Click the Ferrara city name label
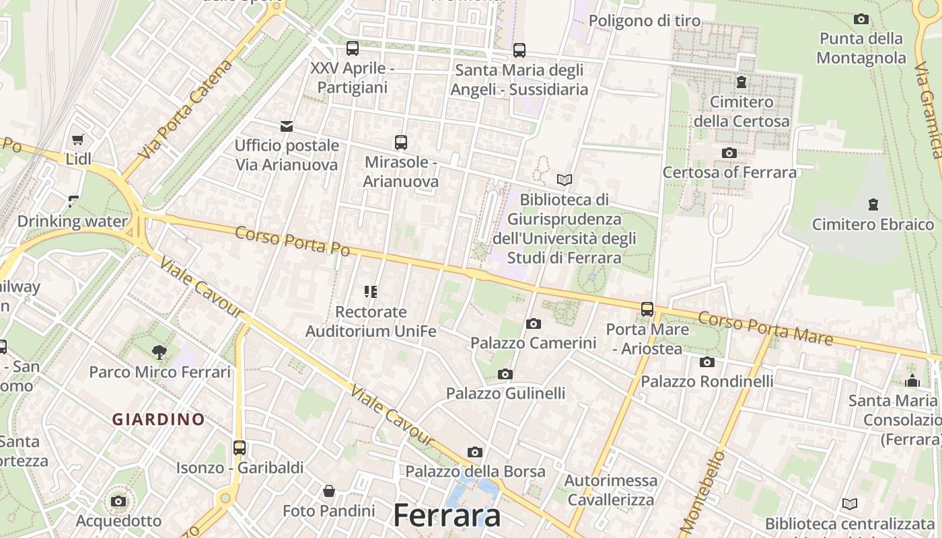[x=447, y=516]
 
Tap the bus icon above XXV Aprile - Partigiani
[x=353, y=48]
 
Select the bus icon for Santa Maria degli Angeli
[x=519, y=50]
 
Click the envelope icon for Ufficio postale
[x=287, y=126]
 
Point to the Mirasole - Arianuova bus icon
[x=401, y=143]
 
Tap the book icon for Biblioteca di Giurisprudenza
[x=565, y=180]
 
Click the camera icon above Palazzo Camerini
[x=534, y=323]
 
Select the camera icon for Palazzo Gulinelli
[x=505, y=374]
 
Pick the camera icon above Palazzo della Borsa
[x=475, y=452]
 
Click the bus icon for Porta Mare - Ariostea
[x=647, y=309]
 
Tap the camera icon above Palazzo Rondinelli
[x=706, y=362]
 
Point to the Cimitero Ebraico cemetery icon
[x=873, y=204]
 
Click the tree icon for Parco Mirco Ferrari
[x=159, y=351]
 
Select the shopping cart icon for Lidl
[x=78, y=140]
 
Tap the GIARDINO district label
[x=159, y=420]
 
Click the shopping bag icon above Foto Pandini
[x=328, y=491]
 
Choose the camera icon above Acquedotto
[x=118, y=501]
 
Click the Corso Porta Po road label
[x=293, y=241]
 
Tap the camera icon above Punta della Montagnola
[x=861, y=19]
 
